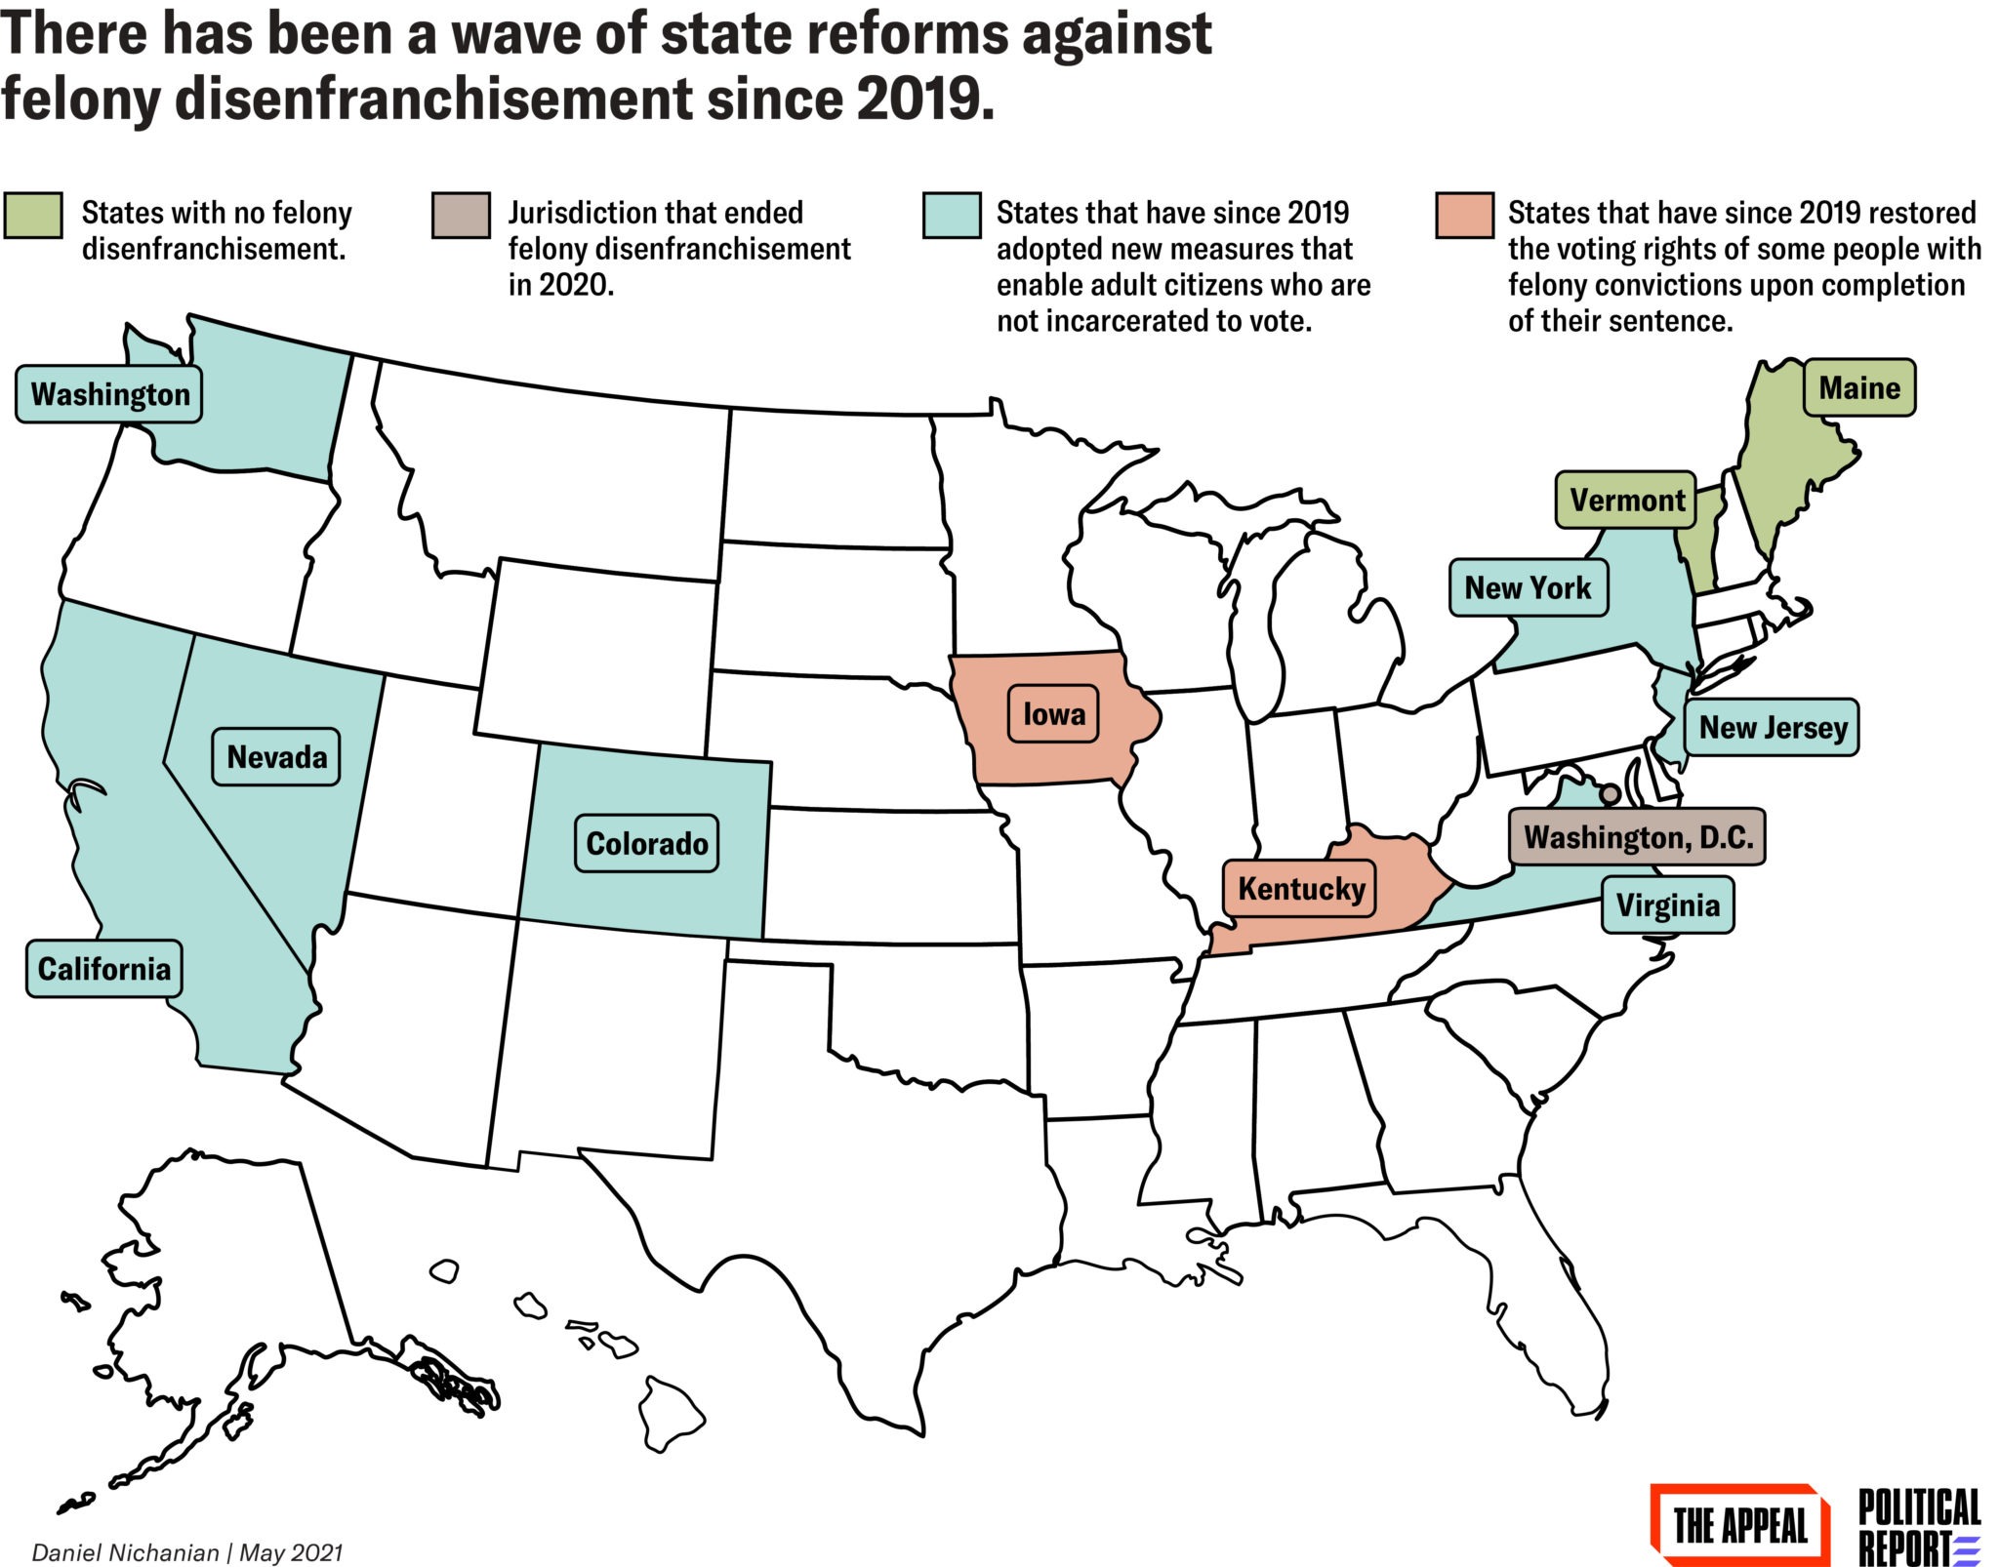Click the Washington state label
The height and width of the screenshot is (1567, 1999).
(108, 394)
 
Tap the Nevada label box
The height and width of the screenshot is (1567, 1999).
(276, 756)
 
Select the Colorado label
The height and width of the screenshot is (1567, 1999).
(646, 843)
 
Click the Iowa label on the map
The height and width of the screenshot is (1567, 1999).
(1053, 714)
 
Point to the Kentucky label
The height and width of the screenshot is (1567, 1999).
(1300, 889)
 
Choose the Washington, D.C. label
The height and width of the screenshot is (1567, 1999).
(1637, 837)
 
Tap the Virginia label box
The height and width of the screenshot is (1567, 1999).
(1667, 904)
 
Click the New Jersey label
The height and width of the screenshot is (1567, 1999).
(1772, 727)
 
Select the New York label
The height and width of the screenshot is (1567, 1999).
(1528, 587)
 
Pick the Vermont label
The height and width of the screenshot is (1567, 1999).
(1626, 500)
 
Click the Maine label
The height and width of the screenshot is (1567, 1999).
(1858, 387)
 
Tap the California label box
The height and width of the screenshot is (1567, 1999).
(103, 968)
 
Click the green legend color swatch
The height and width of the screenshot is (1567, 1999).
(33, 215)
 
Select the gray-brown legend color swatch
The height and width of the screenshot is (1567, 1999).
(461, 215)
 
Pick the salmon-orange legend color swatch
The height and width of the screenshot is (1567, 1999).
(1464, 215)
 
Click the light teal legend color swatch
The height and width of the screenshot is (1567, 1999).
(952, 215)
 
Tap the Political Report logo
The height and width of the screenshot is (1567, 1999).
(1918, 1525)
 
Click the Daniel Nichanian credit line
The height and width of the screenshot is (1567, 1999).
(187, 1551)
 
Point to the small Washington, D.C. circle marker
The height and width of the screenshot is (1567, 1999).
(1610, 794)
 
